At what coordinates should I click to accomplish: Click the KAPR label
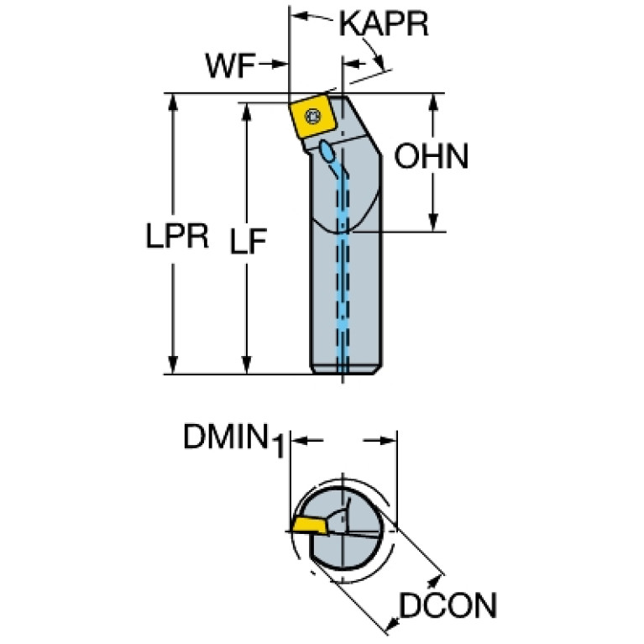pyautogui.click(x=384, y=24)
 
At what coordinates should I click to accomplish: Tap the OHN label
pyautogui.click(x=432, y=156)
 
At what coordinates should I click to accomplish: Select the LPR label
pyautogui.click(x=177, y=236)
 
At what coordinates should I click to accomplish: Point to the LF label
pyautogui.click(x=249, y=241)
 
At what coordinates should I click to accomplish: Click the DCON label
pyautogui.click(x=448, y=605)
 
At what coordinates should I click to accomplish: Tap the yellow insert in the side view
pyautogui.click(x=313, y=118)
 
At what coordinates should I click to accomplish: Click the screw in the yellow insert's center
pyautogui.click(x=314, y=116)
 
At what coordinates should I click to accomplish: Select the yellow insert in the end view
pyautogui.click(x=310, y=526)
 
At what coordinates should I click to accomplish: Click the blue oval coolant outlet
pyautogui.click(x=327, y=151)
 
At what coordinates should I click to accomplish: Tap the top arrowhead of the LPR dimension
pyautogui.click(x=173, y=102)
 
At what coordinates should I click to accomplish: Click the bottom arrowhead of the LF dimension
pyautogui.click(x=246, y=364)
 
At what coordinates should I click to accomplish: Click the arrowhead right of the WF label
pyautogui.click(x=280, y=64)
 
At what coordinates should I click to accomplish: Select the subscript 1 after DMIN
pyautogui.click(x=278, y=447)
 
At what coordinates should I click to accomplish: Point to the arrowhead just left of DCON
pyautogui.click(x=393, y=624)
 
